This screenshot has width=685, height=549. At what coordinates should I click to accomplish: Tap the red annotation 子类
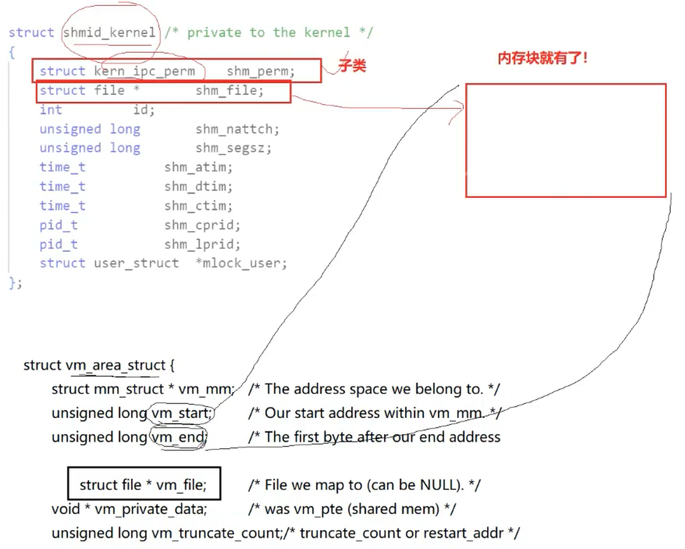point(352,66)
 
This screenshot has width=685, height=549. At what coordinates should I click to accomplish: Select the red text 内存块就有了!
point(542,59)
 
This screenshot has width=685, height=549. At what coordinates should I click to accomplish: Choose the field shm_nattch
point(237,129)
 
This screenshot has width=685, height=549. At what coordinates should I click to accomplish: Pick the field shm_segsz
point(233,148)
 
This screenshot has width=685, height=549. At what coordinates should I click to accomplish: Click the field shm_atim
point(198,167)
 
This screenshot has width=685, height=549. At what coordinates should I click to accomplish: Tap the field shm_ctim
point(198,206)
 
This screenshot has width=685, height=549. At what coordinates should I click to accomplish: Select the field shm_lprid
point(202,245)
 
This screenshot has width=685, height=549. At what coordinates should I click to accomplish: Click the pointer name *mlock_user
point(241,263)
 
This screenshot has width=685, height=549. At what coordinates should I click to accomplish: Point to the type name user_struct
point(136,263)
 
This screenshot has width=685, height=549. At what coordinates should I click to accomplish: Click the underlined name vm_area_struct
point(115,366)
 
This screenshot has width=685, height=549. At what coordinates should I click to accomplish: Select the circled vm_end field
point(178,437)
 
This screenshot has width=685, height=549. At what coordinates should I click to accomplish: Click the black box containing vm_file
point(143,485)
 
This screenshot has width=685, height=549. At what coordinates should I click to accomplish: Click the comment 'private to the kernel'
point(269,33)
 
